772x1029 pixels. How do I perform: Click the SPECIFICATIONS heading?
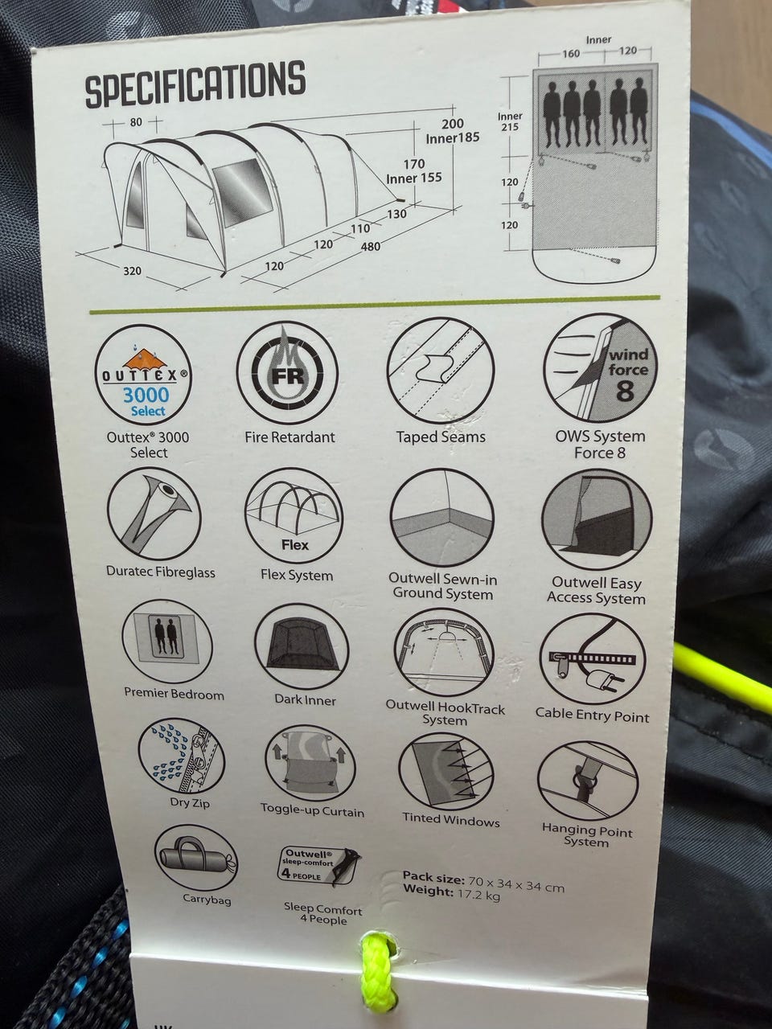pos(195,85)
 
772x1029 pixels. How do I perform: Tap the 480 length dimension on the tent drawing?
pos(370,246)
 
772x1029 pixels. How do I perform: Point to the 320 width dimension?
pos(132,270)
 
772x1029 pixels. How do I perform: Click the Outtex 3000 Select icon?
pos(142,375)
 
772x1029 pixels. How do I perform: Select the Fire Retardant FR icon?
pos(287,372)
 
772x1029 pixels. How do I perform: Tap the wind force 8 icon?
pos(601,368)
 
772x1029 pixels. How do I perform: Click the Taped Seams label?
pos(441,437)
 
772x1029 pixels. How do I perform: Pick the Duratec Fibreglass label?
pos(160,572)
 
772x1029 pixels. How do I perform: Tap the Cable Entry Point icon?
pos(593,658)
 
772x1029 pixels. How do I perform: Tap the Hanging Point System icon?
pos(587,779)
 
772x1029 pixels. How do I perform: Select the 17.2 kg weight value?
pos(478,895)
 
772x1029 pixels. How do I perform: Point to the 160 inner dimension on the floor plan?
pos(571,53)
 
